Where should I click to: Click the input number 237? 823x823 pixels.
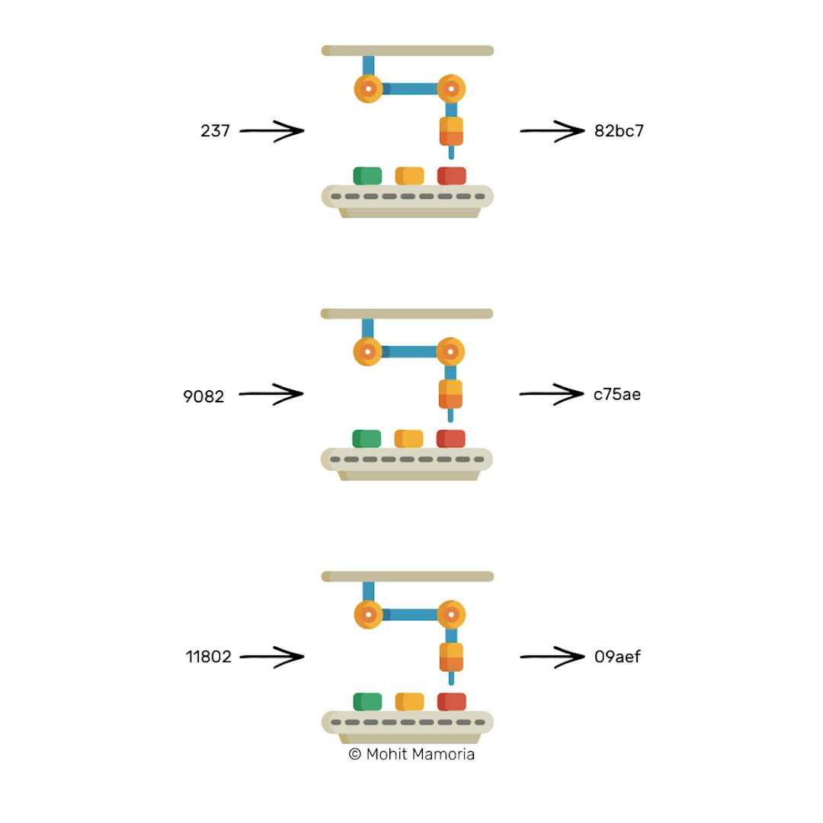[215, 131]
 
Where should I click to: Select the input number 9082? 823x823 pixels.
[203, 396]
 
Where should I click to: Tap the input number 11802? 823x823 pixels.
[208, 657]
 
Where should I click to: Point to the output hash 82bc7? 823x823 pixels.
[619, 131]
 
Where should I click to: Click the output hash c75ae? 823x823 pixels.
[616, 394]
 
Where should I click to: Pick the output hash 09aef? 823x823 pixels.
[617, 657]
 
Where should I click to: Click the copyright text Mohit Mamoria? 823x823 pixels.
[411, 754]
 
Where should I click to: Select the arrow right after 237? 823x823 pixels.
[272, 131]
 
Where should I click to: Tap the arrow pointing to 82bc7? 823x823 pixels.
[552, 131]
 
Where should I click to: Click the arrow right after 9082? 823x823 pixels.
[271, 394]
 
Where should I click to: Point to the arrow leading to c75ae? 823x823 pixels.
[551, 394]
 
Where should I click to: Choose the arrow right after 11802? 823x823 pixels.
[272, 657]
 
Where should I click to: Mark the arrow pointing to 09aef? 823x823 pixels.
[552, 657]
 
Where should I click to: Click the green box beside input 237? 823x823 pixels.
[367, 176]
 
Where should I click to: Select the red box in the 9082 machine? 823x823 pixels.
[450, 439]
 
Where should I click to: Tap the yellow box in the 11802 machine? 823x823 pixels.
[409, 702]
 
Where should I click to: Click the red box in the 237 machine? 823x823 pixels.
[451, 176]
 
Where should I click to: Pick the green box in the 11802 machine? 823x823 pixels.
[367, 702]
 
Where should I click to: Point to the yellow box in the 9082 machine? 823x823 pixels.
[408, 439]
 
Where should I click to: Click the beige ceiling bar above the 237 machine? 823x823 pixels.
[408, 51]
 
